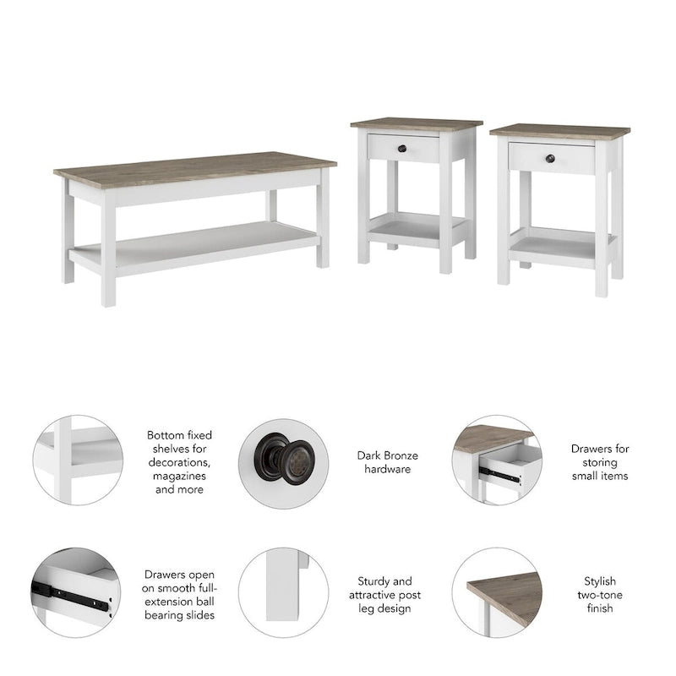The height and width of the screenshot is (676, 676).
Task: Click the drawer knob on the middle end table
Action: click(426, 149)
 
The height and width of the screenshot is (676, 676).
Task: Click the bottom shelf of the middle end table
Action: click(416, 226)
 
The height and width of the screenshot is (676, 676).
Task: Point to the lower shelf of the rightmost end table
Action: click(562, 245)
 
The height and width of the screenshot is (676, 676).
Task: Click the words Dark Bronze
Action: click(387, 455)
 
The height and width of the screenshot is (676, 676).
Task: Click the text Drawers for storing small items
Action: click(599, 462)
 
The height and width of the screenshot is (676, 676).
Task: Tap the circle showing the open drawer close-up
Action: click(496, 461)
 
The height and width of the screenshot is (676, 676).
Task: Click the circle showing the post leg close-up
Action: click(283, 591)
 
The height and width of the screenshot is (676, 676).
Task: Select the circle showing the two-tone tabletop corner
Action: click(496, 591)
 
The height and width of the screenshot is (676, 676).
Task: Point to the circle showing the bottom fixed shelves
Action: click(77, 461)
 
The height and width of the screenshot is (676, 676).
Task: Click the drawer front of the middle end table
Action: click(404, 149)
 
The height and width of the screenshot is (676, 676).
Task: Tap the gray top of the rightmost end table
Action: click(559, 131)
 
